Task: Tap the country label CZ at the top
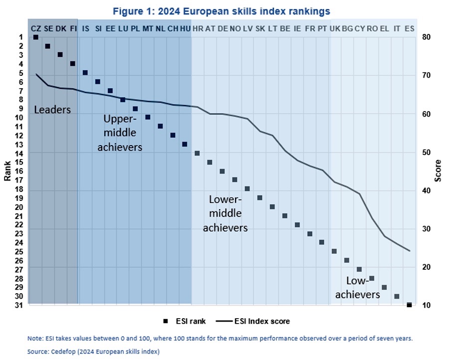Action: click(x=36, y=29)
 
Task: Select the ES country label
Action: click(x=409, y=29)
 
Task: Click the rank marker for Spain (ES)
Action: click(x=409, y=305)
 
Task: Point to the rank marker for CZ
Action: click(x=35, y=37)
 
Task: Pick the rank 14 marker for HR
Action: click(x=197, y=153)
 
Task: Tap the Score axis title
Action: click(x=438, y=171)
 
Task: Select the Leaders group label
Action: click(x=52, y=109)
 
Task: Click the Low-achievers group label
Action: click(x=357, y=288)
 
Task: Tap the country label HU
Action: click(x=185, y=29)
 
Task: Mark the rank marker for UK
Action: click(x=334, y=251)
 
